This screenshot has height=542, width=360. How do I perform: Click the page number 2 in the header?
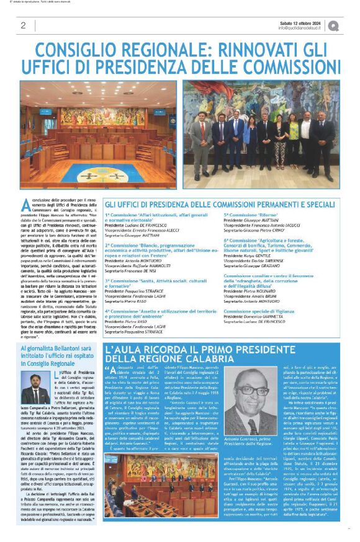[23, 25]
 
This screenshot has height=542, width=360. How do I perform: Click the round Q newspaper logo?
[333, 25]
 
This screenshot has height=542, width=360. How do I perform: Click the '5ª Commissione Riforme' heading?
[246, 215]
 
